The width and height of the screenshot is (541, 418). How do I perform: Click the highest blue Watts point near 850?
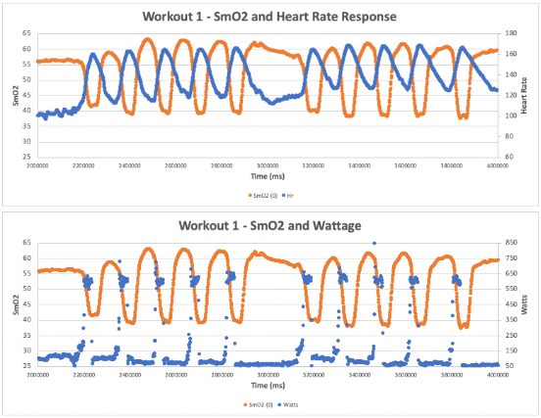(372, 243)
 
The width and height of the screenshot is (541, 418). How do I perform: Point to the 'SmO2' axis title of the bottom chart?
(14, 303)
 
